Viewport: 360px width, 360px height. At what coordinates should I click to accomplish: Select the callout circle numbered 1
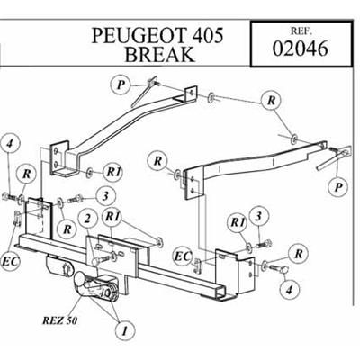(122, 330)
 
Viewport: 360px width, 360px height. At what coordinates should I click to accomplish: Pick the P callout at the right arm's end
(337, 186)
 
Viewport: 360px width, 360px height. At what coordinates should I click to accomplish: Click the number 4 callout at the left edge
(10, 143)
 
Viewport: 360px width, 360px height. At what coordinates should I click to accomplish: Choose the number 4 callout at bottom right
(288, 289)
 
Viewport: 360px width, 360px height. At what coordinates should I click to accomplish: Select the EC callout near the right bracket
(182, 258)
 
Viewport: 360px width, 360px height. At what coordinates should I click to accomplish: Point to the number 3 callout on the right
(258, 213)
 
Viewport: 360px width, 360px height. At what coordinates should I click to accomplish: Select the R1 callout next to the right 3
(236, 221)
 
